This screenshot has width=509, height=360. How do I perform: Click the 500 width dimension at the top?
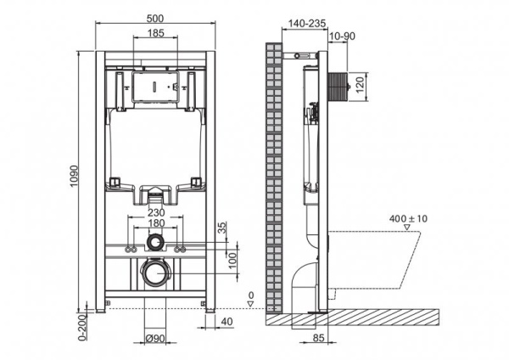[155, 17]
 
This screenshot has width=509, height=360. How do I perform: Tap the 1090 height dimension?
[74, 179]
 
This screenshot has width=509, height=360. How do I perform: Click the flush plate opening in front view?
[154, 87]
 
